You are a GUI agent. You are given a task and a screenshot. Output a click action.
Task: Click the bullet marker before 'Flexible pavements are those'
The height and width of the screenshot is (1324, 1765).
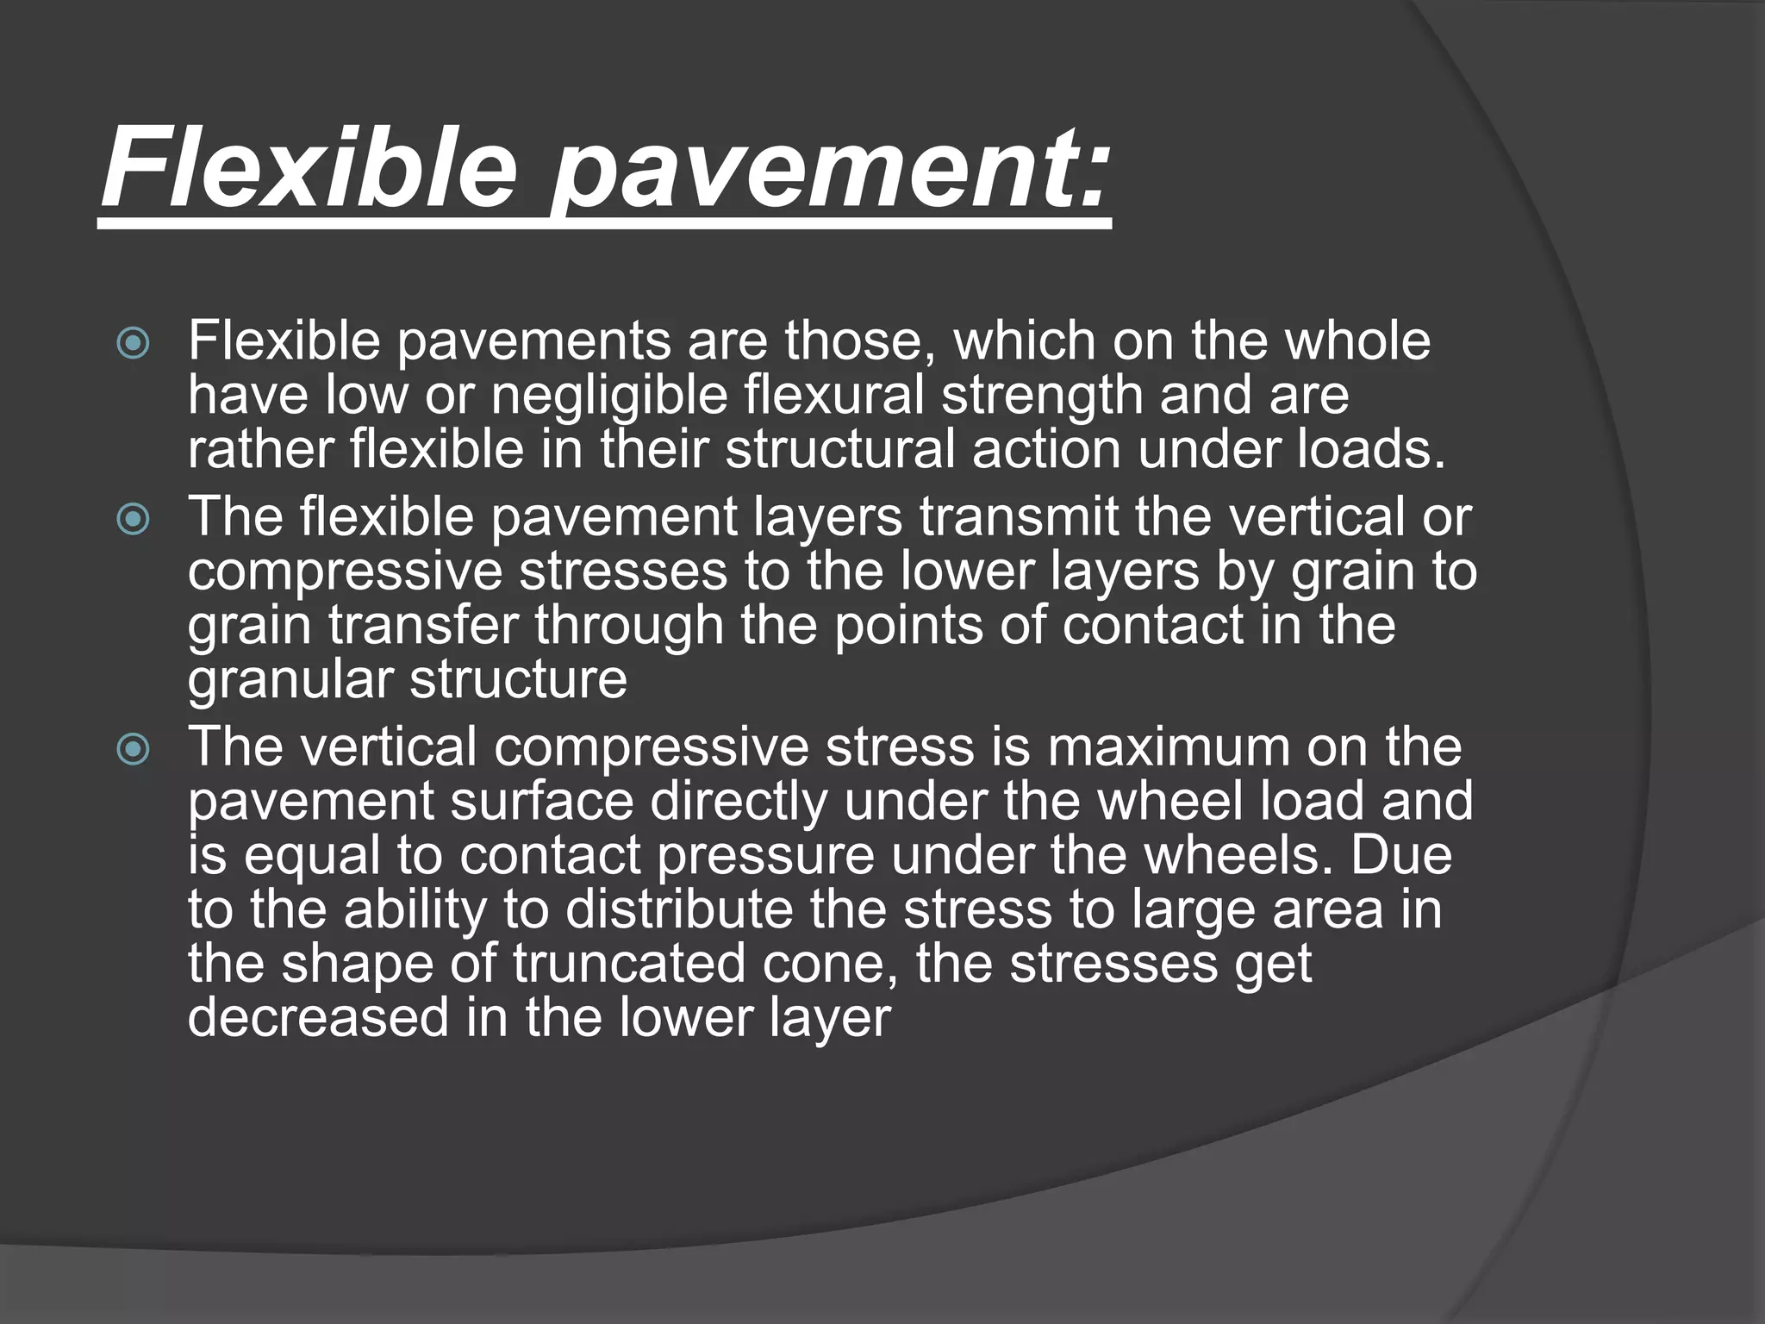(x=133, y=344)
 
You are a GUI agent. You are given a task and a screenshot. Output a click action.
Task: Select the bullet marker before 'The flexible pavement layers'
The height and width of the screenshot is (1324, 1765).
(x=133, y=520)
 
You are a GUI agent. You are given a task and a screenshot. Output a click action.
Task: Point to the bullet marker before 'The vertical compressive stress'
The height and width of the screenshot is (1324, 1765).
(x=133, y=749)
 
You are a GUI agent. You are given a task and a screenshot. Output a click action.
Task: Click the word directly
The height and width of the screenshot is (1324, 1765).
(x=738, y=802)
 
